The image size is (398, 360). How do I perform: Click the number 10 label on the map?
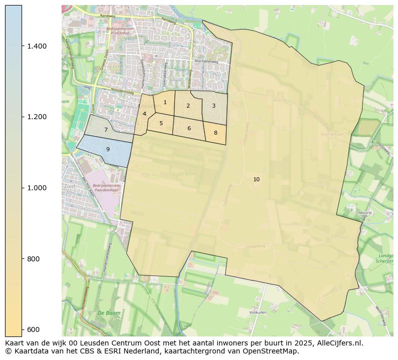[256, 179]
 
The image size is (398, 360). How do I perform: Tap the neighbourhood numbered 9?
[108, 149]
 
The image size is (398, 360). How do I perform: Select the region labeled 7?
[106, 130]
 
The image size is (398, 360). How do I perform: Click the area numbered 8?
[216, 133]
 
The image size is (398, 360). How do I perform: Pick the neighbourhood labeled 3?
[214, 106]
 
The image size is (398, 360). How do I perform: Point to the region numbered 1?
[165, 102]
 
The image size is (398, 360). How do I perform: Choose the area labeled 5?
[161, 123]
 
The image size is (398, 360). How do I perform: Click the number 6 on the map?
[189, 128]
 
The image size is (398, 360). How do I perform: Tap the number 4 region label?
[144, 114]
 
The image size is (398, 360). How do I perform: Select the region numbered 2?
[188, 106]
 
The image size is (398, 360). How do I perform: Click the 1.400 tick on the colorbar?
[37, 46]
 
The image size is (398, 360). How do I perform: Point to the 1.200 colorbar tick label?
[37, 117]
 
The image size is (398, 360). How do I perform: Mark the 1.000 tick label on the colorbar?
[37, 188]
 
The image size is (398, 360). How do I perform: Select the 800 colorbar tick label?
[34, 259]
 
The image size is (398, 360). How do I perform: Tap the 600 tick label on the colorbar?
[34, 329]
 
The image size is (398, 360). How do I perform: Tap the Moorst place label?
[366, 213]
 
